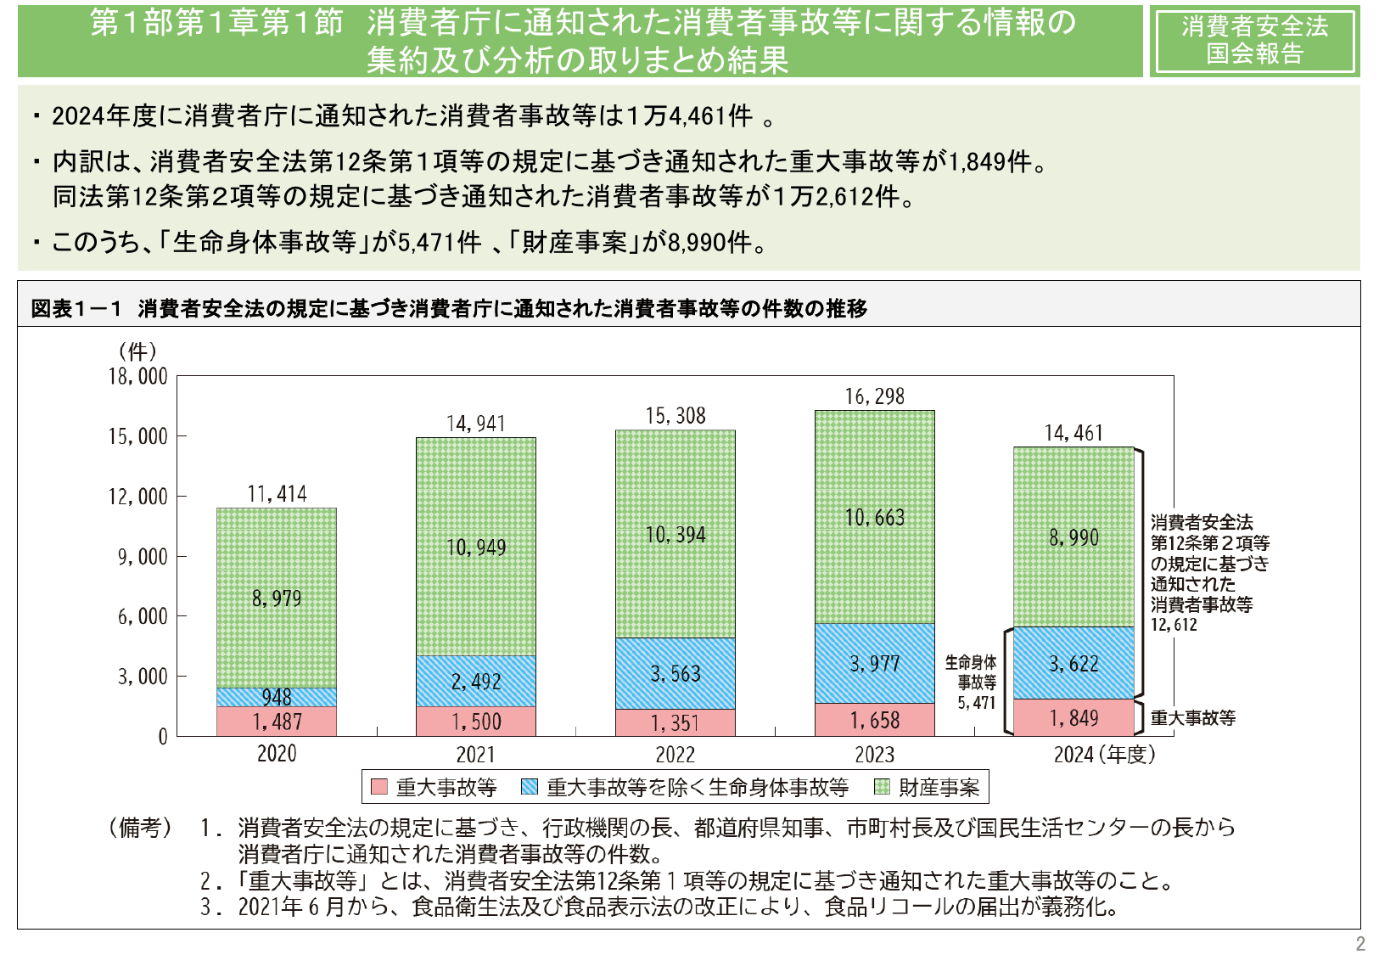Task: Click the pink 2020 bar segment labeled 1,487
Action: (x=277, y=722)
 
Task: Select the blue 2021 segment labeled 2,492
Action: (x=475, y=682)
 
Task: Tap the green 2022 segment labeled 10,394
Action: (x=675, y=535)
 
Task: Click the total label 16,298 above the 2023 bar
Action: (x=874, y=396)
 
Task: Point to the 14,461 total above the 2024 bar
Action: (x=1073, y=434)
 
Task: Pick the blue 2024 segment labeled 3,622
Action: (x=1073, y=664)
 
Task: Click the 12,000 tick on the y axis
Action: (x=138, y=497)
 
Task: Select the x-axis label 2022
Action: (x=675, y=755)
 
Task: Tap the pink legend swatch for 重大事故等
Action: (x=379, y=787)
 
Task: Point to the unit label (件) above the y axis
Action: (x=137, y=351)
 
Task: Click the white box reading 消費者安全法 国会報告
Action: (x=1254, y=40)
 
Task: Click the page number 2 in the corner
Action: (x=1360, y=943)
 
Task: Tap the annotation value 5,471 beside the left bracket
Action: (x=977, y=703)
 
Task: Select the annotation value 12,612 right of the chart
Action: (x=1174, y=625)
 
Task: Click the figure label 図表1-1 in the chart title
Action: (x=77, y=309)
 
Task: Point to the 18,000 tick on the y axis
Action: (x=138, y=376)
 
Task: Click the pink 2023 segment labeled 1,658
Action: (x=874, y=721)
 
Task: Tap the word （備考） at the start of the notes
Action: (x=139, y=827)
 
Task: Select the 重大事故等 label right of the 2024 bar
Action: (x=1192, y=718)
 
